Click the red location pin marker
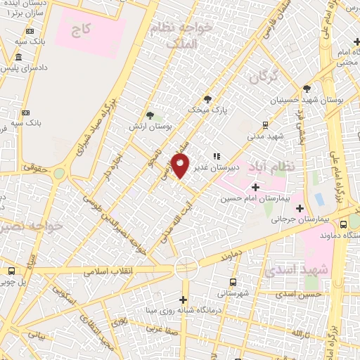pos(180,166)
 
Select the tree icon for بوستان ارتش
pos(150,115)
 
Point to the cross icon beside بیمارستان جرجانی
pos(300,208)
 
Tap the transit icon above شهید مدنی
pos(265,124)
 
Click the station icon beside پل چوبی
pos(11,271)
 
